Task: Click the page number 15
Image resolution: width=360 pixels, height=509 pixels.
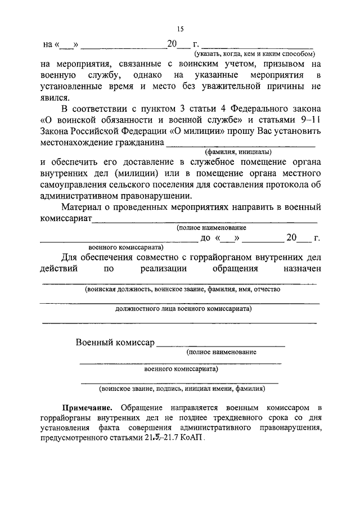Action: [179, 29]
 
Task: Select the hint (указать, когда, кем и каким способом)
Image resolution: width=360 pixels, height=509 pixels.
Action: [254, 53]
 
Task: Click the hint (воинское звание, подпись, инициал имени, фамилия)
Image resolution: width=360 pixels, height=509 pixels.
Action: [181, 389]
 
